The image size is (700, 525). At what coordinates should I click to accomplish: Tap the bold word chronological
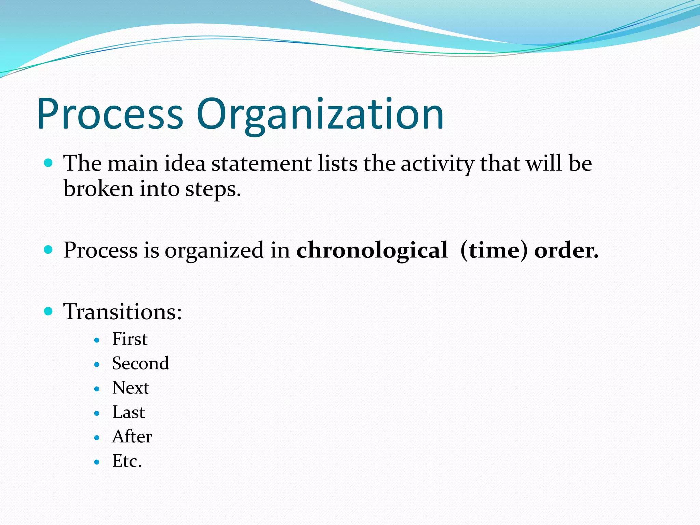coord(372,250)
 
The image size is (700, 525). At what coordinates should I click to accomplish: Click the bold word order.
coord(566,251)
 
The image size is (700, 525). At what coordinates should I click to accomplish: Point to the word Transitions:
coord(122,312)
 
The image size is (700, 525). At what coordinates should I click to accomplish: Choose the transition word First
coord(130,339)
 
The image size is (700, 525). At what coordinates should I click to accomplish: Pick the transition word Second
coord(140,363)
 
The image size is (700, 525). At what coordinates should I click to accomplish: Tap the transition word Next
coord(131,388)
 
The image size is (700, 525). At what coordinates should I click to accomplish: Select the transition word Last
coord(129,412)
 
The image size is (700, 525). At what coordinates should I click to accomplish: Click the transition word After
coord(132,436)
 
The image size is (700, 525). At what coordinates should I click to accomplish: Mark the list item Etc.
coord(127,461)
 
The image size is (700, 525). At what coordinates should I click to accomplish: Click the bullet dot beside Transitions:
coord(49,311)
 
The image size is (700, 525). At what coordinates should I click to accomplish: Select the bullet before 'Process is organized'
coord(49,250)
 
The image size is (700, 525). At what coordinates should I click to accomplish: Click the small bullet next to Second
coord(97,365)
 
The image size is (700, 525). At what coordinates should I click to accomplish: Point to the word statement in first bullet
coord(261,163)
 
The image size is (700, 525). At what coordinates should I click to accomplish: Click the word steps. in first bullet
coord(213,189)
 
